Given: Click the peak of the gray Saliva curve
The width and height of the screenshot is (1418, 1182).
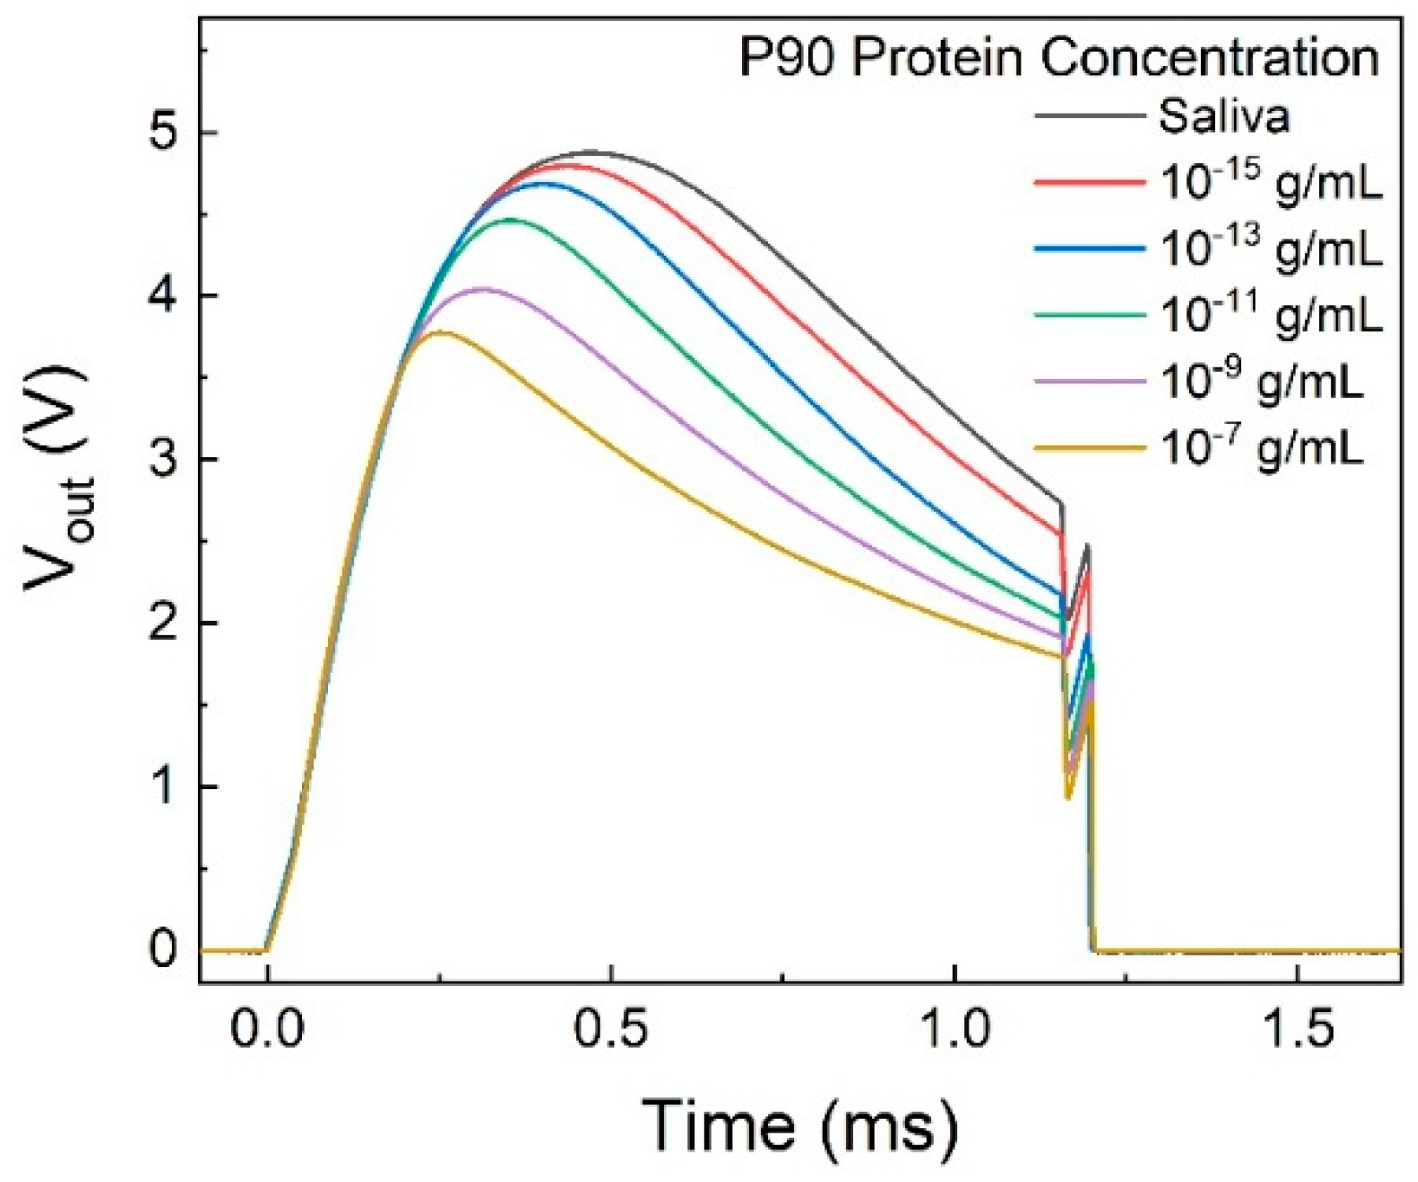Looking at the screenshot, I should (x=590, y=152).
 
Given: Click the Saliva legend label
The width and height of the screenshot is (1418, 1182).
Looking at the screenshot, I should (x=1224, y=116).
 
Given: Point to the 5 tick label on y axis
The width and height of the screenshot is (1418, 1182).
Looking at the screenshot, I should (x=161, y=133).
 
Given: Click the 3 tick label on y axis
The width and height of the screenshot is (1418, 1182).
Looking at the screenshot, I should (x=161, y=460).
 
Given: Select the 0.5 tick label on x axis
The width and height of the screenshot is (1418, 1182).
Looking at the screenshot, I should (x=611, y=1032).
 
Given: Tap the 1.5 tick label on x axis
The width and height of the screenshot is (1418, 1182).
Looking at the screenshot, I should (x=1297, y=1032).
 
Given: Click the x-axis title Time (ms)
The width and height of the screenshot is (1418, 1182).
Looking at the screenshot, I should (x=800, y=1125).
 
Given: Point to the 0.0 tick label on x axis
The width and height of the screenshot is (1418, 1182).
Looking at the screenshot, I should (x=268, y=1032).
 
